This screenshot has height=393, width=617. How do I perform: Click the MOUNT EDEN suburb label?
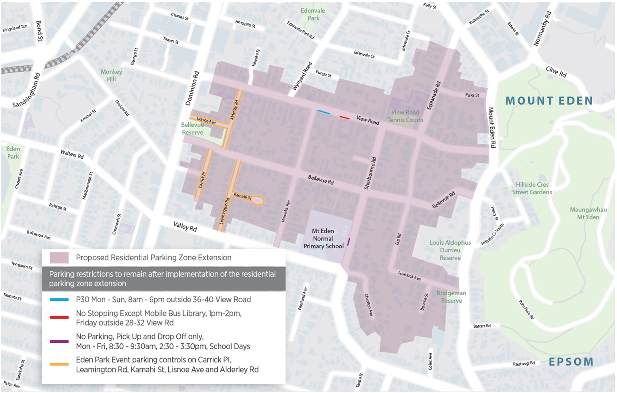pos(549,101)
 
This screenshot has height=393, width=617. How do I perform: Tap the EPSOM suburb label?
pos(571,362)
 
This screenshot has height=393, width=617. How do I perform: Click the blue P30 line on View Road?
pos(324,112)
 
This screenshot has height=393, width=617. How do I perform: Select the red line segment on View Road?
pos(345,117)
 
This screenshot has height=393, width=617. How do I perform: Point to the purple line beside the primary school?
pos(349,241)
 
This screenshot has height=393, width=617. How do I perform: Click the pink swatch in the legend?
pos(59,258)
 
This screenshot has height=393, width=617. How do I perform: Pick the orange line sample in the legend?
pos(59,364)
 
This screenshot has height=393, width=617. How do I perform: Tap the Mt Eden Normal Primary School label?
pos(323,239)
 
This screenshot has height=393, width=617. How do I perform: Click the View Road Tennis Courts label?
pos(405,116)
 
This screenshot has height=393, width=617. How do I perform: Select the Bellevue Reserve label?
pos(192,129)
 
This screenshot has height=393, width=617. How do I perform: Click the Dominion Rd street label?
pos(192,88)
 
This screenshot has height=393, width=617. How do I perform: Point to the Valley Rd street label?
pos(185,227)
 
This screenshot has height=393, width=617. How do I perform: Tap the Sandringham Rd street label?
pos(27,90)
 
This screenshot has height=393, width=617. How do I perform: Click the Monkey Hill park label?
pos(111,75)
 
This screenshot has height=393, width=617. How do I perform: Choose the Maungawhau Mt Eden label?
pos(588,213)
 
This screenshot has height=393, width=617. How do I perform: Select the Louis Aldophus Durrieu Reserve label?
pos(450,250)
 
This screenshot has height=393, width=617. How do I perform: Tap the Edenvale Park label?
pos(313,14)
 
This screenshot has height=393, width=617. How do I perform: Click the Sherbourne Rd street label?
pos(370,173)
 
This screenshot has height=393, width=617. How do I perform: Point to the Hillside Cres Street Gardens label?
pos(532,188)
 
